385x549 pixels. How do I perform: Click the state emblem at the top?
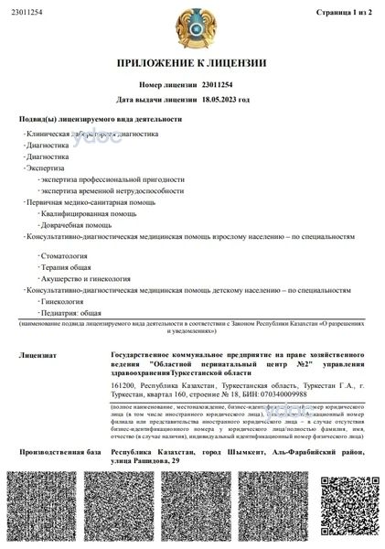[x=192, y=27]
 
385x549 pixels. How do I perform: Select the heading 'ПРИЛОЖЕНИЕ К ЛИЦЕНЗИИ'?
[x=191, y=63]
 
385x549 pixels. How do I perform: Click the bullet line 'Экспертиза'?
[x=48, y=168]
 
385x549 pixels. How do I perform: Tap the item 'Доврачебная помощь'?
[x=77, y=224]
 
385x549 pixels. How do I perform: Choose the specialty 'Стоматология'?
[x=64, y=258]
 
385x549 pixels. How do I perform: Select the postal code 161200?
[x=123, y=385]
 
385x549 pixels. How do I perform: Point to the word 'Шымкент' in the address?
[x=242, y=452]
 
